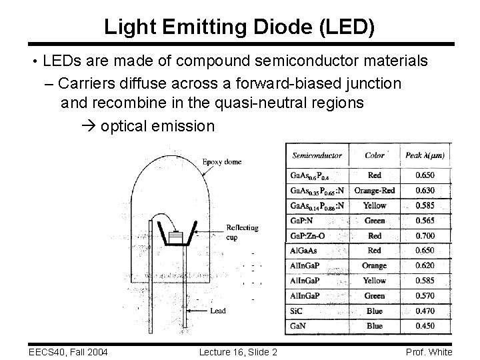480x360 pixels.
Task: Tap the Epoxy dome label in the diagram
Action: point(221,162)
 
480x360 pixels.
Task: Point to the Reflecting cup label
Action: point(242,232)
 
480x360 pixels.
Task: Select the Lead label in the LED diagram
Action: point(218,311)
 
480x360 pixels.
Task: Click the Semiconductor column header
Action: point(317,155)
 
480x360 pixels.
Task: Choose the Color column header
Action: point(375,155)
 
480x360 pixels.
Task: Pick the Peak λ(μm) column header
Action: point(425,155)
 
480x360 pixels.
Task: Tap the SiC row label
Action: point(297,311)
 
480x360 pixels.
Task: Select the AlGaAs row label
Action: point(305,251)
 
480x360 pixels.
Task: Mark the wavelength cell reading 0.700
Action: point(425,235)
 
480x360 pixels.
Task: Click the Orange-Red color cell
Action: point(375,191)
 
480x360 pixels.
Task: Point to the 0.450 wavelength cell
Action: point(425,326)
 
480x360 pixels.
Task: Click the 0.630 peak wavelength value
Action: point(425,191)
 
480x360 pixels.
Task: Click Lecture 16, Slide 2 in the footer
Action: point(239,352)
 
